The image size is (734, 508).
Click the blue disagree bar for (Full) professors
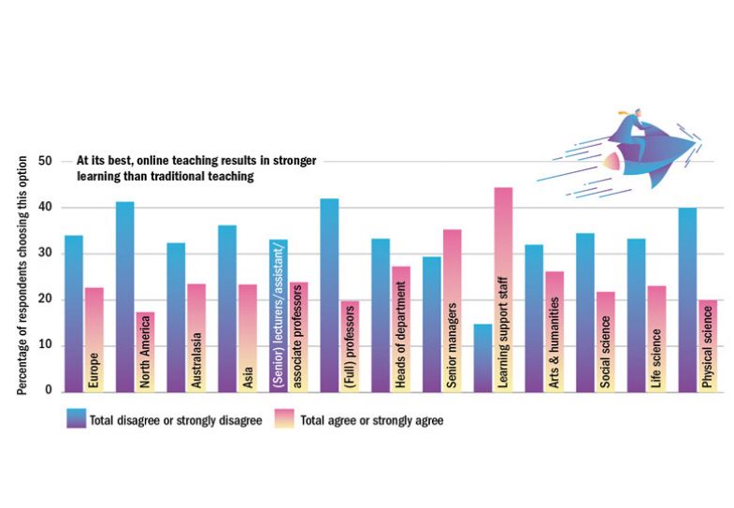[x=328, y=295]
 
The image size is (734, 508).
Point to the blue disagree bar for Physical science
[x=687, y=299]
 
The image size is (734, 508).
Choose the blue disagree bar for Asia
[x=227, y=308]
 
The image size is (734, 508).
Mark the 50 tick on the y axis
[x=44, y=161]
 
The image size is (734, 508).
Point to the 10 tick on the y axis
[x=44, y=345]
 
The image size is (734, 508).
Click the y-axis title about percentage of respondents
[x=21, y=277]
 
